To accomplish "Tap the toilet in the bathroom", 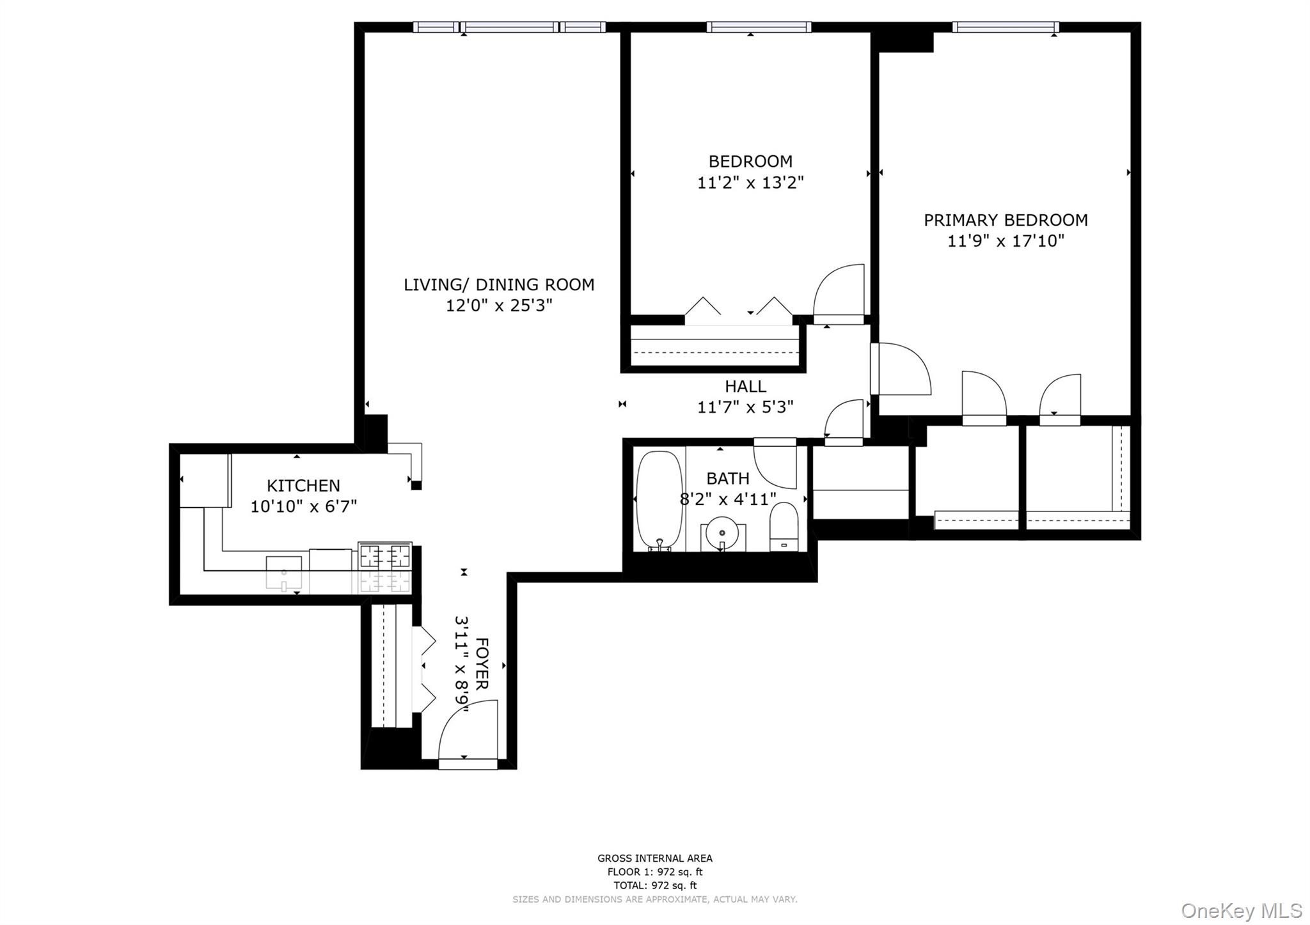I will coord(784,526).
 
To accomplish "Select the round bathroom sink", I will coord(722,531).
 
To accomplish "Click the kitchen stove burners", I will coord(385,555).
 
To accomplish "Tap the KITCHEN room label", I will coord(303,485).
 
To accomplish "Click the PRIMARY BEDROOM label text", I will coord(1005,220).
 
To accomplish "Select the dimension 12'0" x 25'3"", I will coord(498,306).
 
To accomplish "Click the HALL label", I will coord(745,386).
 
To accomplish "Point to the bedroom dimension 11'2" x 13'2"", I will coord(750,183).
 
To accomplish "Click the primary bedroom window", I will coord(1005,27).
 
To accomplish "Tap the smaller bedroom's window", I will coord(759,27).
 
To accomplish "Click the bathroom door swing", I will coord(776,463).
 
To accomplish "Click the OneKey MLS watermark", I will coord(1241,910).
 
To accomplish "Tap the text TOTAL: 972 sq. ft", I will coord(654,885).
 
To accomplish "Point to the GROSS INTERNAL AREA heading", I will coord(654,859).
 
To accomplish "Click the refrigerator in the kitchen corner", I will coord(204,480).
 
